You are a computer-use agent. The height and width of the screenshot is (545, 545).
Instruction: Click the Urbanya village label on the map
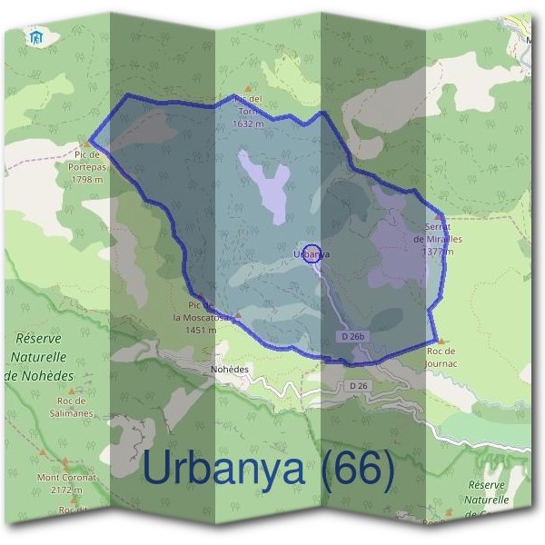312,254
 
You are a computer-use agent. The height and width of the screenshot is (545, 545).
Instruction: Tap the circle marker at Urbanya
312,253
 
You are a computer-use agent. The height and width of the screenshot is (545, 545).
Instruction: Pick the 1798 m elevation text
87,179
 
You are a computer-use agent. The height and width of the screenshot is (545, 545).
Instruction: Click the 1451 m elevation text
200,330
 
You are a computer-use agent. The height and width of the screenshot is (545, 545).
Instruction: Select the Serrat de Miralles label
438,233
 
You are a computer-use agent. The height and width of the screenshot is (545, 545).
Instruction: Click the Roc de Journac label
441,357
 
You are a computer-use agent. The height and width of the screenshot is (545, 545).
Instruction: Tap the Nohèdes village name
229,370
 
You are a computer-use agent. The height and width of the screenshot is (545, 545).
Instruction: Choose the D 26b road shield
354,336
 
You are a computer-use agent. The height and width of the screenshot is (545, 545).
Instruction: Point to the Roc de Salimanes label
70,407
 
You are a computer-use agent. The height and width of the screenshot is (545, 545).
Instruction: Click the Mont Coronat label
67,476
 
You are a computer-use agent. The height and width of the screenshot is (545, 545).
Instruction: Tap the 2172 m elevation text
67,490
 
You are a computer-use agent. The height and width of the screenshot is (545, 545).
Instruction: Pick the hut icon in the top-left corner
36,37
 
